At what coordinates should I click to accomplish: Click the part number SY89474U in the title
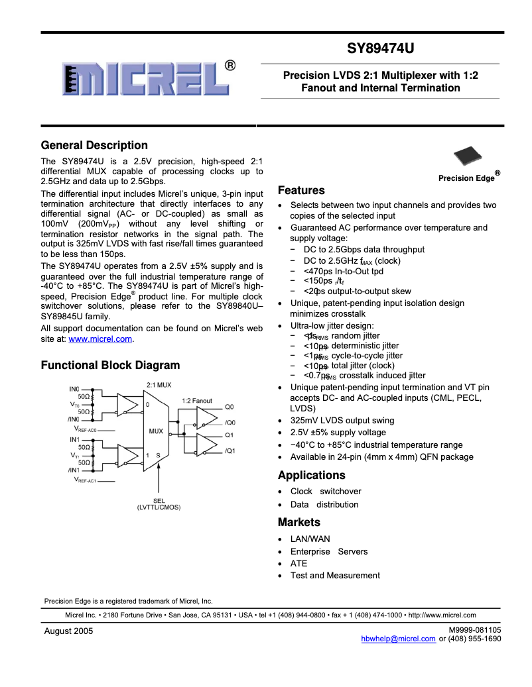tap(381, 49)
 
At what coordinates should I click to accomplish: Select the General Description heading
tap(94, 146)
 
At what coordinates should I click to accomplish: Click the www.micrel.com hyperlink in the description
tap(100, 339)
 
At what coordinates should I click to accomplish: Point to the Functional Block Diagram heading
tap(110, 365)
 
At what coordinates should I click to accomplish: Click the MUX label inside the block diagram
tap(156, 431)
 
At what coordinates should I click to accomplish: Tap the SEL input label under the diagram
tap(159, 500)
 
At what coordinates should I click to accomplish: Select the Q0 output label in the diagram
tap(230, 407)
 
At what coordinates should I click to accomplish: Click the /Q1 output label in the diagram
tap(230, 451)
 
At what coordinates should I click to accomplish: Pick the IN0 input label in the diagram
tap(74, 389)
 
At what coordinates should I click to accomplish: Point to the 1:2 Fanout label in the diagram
tap(197, 401)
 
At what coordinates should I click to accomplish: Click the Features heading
tap(301, 191)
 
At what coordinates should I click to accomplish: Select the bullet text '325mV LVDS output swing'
tap(342, 421)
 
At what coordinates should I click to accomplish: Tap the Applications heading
tap(311, 476)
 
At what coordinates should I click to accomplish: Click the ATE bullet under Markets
tap(299, 564)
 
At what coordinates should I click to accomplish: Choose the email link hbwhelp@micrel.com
tap(398, 639)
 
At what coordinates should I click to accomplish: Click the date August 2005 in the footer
tap(68, 631)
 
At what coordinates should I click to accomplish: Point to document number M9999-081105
tap(474, 630)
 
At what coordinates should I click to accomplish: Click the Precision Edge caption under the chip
tap(466, 178)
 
